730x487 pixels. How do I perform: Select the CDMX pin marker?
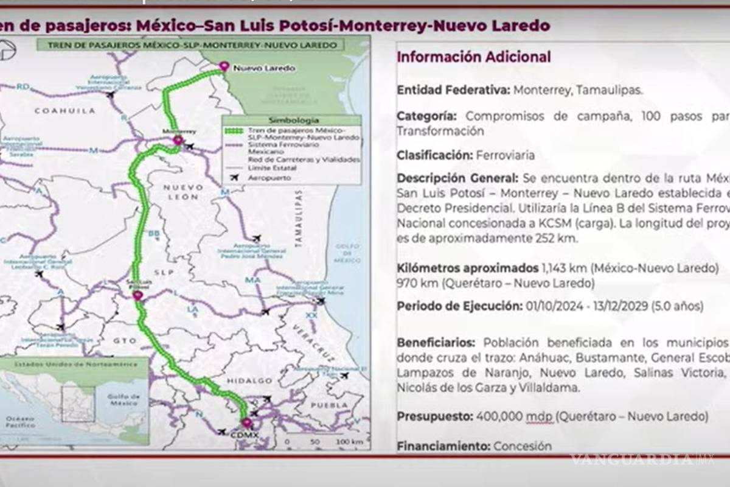(246, 423)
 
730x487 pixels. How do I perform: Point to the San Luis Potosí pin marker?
(138, 296)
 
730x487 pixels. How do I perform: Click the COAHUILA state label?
(65, 111)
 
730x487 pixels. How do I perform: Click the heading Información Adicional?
(474, 57)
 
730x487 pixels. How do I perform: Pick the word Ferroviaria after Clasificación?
(506, 155)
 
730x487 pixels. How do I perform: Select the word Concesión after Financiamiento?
(523, 446)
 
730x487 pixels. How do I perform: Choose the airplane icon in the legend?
(234, 178)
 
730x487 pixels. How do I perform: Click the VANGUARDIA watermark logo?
(642, 460)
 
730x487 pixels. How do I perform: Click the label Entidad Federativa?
(453, 90)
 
